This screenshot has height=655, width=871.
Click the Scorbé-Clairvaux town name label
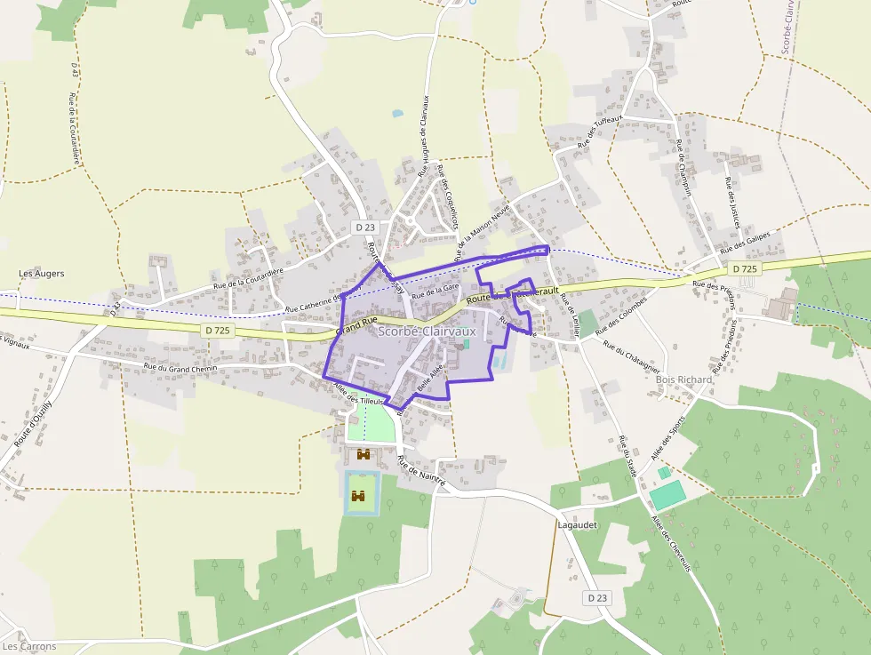click(428, 331)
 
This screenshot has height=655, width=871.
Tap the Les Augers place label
click(42, 274)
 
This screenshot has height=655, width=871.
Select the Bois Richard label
click(683, 379)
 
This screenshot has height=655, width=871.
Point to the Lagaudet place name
click(578, 525)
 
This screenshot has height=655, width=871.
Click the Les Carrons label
click(29, 646)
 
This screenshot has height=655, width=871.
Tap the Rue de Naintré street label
click(421, 469)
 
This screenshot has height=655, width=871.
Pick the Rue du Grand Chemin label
click(180, 367)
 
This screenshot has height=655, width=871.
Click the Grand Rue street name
click(356, 324)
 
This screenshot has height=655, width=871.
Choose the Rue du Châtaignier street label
click(631, 356)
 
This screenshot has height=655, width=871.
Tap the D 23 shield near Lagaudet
click(598, 598)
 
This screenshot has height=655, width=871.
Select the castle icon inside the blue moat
click(360, 496)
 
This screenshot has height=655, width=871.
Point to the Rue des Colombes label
click(623, 313)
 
